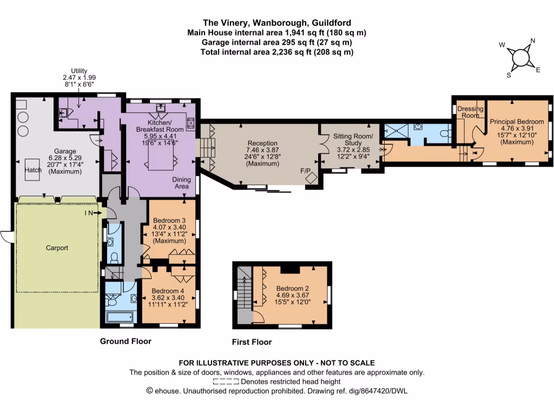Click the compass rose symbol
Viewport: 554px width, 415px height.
point(520,57)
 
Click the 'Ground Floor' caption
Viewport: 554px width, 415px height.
point(126,341)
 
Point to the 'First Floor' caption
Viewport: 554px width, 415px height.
point(252,342)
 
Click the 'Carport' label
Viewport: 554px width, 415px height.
point(57,248)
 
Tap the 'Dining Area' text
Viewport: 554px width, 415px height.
point(181,183)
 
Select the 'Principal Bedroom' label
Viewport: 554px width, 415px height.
point(517,122)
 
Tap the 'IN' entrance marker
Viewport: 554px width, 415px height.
point(90,213)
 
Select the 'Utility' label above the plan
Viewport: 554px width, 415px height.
point(79,71)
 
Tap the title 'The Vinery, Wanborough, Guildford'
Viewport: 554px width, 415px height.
point(276,23)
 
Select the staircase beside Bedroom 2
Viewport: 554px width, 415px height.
point(245,292)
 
